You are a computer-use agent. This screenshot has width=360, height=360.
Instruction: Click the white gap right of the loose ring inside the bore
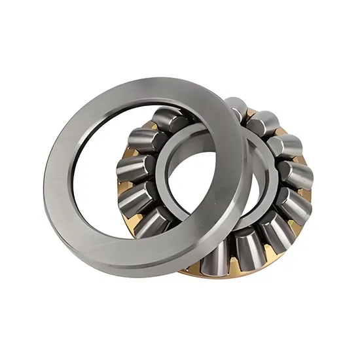(249, 183)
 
